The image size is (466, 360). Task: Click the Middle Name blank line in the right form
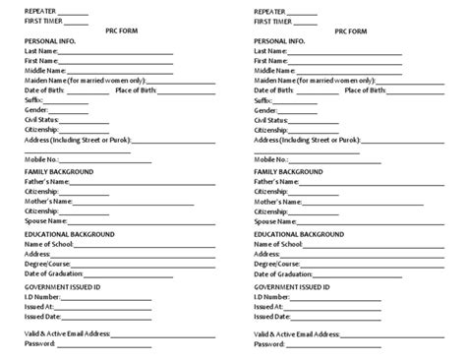pos(346,71)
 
